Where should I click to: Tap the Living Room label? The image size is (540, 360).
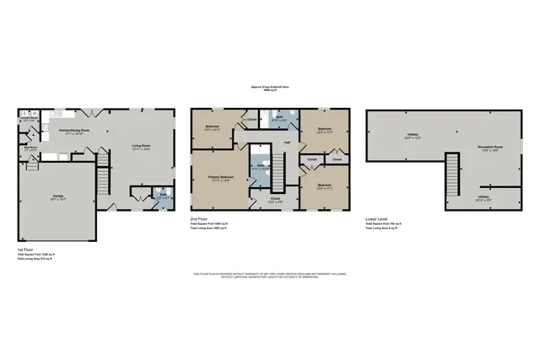click(x=140, y=147)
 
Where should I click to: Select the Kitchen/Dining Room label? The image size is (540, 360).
click(x=74, y=131)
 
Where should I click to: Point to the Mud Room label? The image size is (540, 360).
click(x=30, y=148)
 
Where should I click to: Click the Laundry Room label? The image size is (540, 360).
click(x=29, y=119)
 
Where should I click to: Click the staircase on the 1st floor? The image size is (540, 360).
click(x=104, y=180)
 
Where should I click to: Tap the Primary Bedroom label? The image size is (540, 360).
click(x=220, y=178)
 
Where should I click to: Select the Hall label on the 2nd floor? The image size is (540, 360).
click(x=287, y=142)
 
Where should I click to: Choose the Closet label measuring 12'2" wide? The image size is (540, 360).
click(x=276, y=199)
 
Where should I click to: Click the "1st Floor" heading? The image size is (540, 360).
click(x=26, y=250)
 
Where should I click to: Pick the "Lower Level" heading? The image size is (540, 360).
click(x=376, y=219)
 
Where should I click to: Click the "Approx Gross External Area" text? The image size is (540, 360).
click(x=269, y=86)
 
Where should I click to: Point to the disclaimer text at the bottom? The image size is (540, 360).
click(x=269, y=275)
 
